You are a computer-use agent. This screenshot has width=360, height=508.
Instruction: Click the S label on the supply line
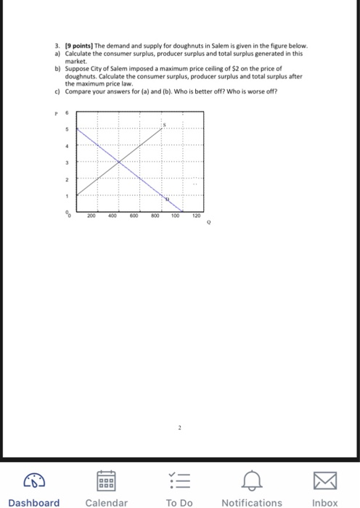164,125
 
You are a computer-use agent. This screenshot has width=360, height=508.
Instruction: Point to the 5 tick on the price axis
65,129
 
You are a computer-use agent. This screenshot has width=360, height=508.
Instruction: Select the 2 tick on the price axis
65,178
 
